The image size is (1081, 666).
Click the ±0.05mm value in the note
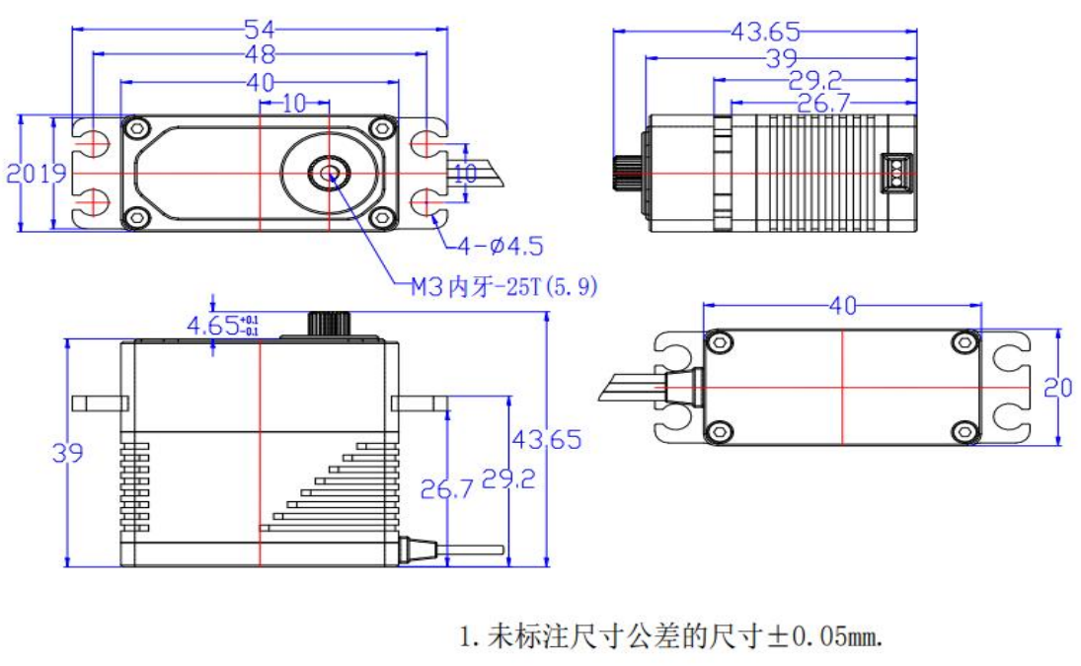coord(825,636)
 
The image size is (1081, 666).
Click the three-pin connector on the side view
coord(895,174)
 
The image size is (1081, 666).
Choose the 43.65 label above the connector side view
coord(766,31)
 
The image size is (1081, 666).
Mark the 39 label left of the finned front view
coord(68,453)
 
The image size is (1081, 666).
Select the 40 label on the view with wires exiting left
coord(842,308)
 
